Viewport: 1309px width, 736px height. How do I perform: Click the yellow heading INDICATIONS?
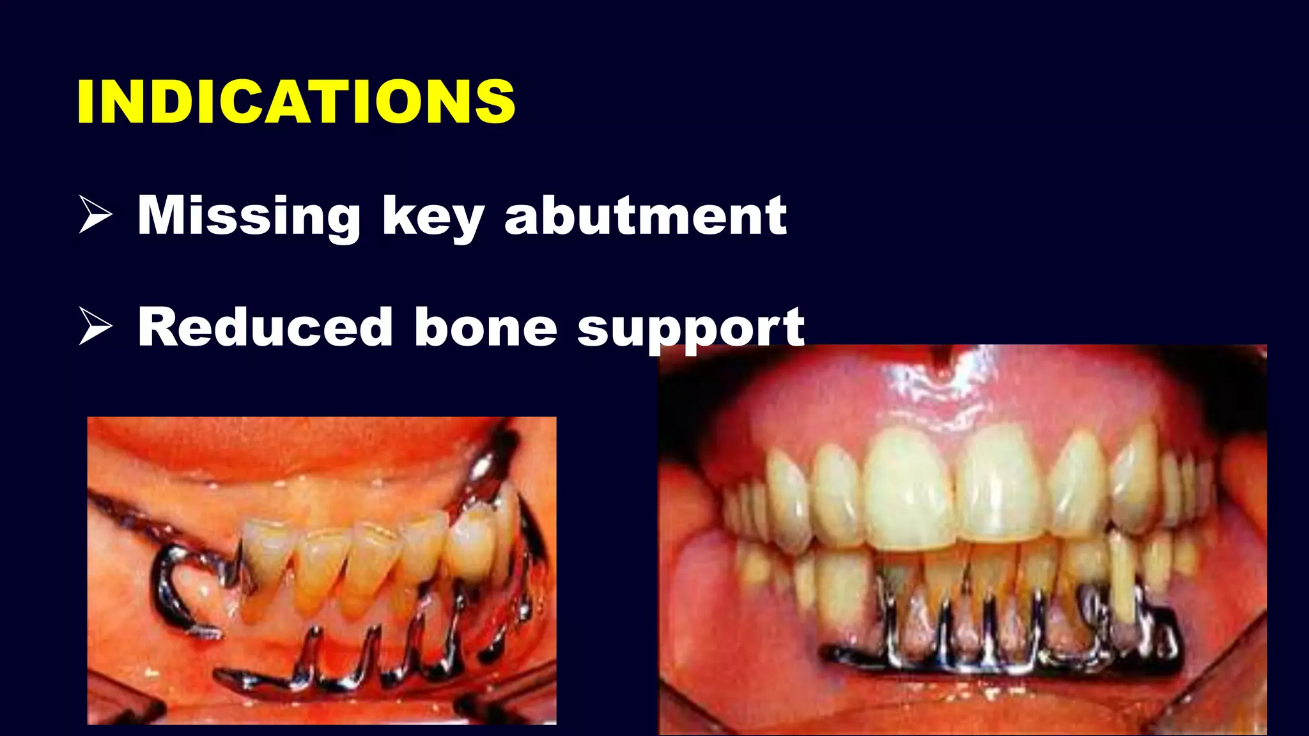click(295, 102)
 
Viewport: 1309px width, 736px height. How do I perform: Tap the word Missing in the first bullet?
click(249, 216)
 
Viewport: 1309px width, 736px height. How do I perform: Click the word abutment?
click(646, 216)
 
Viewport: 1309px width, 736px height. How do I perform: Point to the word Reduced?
click(265, 327)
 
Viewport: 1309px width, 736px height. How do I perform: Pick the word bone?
click(486, 327)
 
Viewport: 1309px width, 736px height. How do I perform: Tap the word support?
click(690, 328)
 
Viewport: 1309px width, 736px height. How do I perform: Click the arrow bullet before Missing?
click(95, 215)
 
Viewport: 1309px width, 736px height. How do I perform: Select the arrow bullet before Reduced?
click(95, 326)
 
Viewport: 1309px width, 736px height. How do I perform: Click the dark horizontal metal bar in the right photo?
click(997, 664)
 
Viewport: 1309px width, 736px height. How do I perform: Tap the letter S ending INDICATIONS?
click(495, 102)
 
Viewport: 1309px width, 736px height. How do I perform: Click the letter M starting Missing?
click(165, 216)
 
